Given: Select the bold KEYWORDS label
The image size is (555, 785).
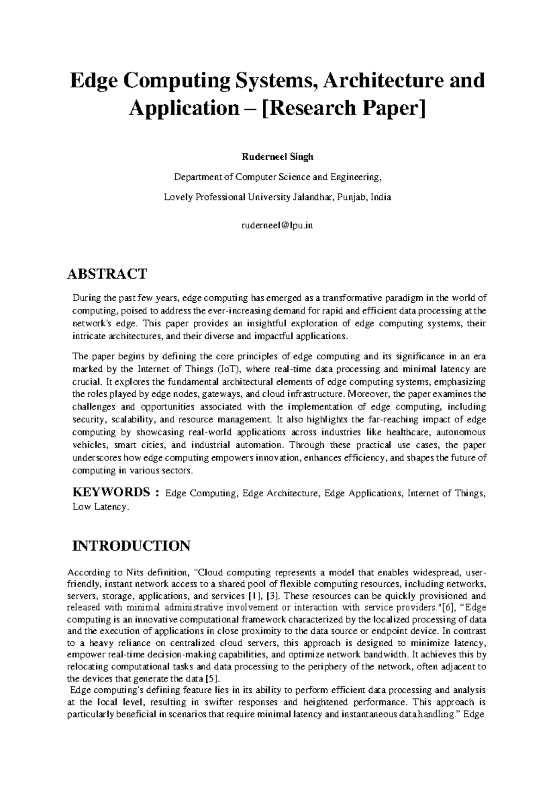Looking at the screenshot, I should pos(111,492).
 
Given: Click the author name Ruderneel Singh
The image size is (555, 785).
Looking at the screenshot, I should pos(277,156).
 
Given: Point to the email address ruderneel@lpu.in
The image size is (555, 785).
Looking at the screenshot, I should pos(277,225).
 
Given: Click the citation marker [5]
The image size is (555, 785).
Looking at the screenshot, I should pos(212,679).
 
